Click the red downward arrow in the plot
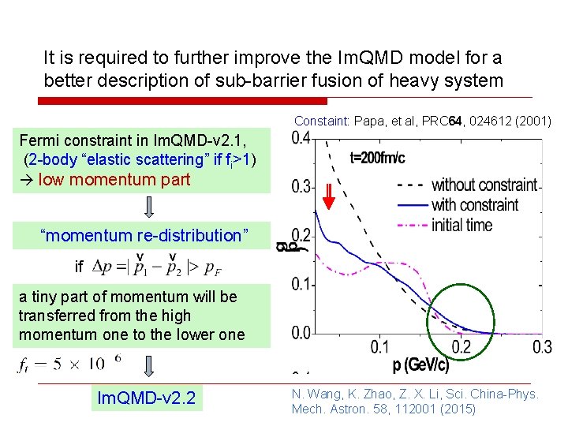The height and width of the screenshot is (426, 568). pos(329,194)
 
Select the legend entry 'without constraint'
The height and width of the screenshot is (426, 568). pos(484,185)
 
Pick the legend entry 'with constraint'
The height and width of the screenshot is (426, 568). pos(475,205)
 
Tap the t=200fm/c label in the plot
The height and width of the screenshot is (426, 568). pos(377,158)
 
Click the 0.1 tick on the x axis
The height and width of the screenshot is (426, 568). pos(379,348)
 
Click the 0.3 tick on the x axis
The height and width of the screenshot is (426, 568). pos(542,348)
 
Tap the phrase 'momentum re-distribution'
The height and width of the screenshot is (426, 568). pos(144,235)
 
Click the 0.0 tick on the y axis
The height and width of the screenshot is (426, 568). pos(300,333)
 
